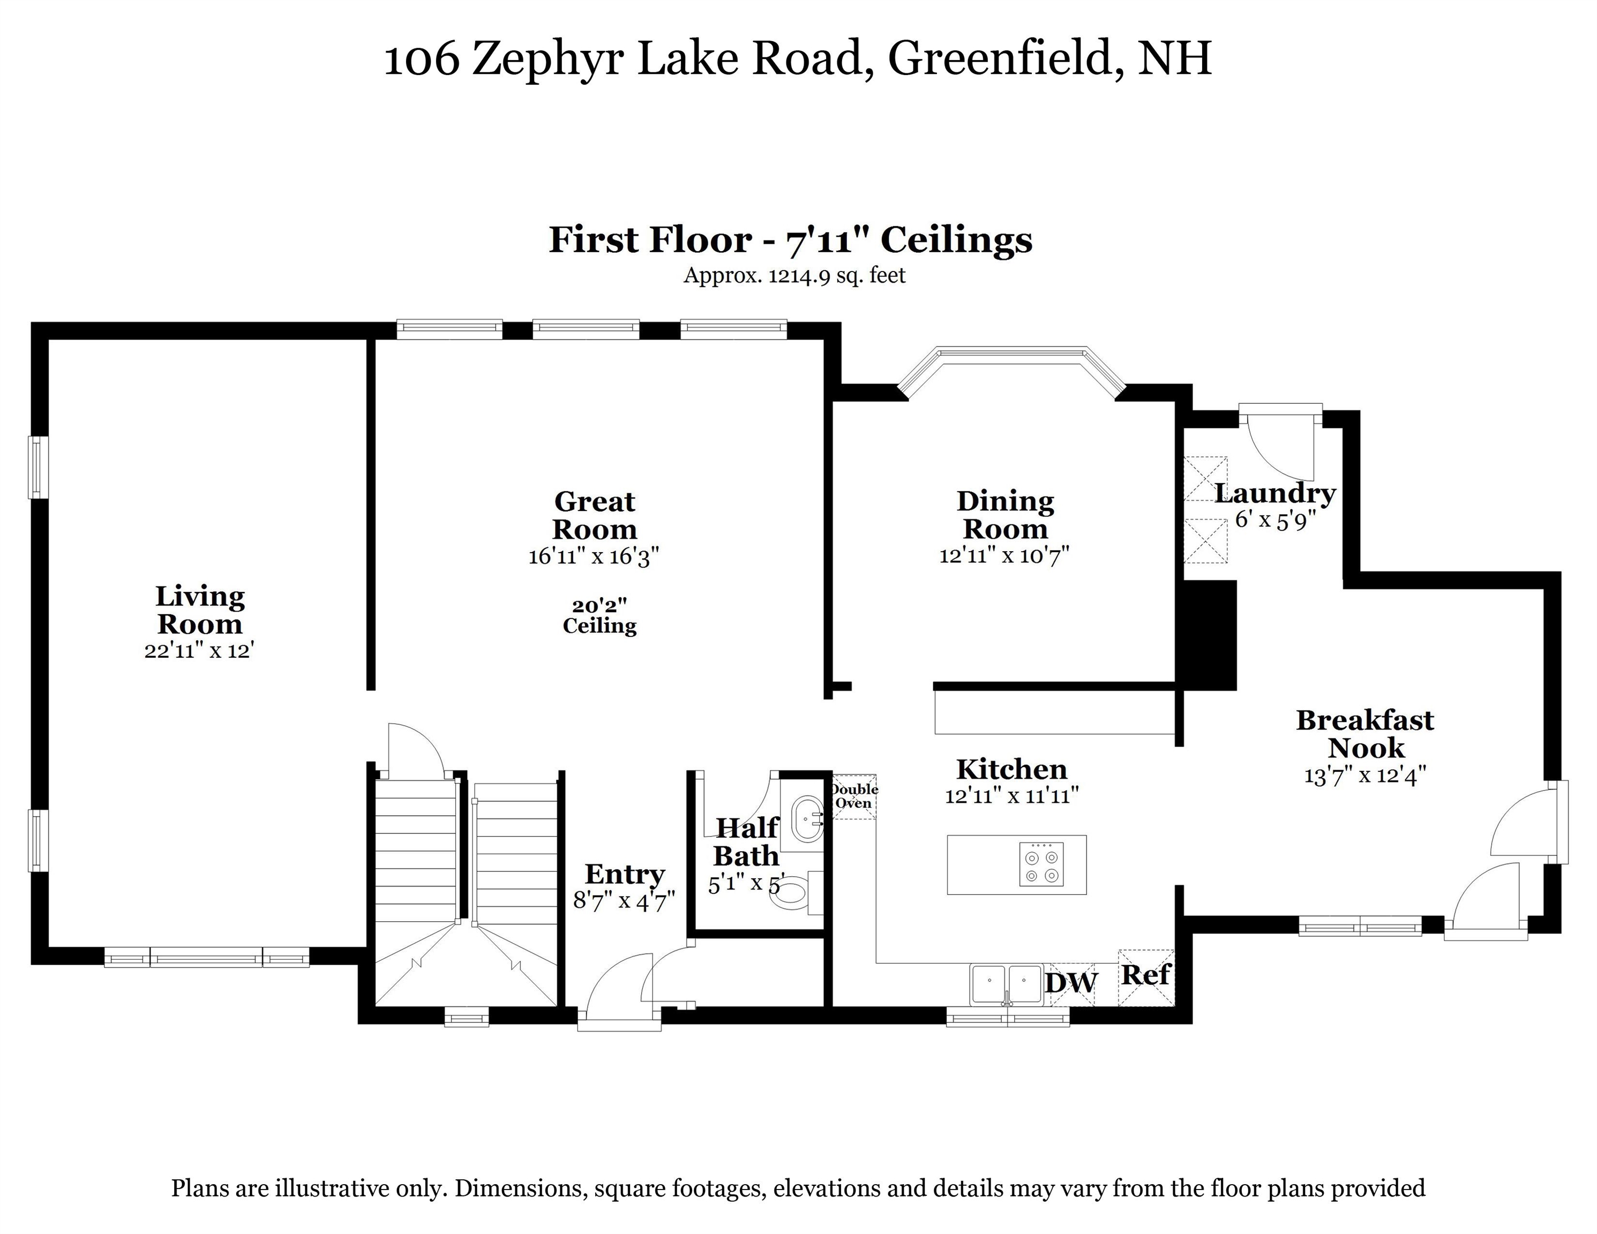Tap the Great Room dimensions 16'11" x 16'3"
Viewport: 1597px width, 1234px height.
click(x=595, y=556)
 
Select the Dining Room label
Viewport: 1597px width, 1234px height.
click(x=1006, y=515)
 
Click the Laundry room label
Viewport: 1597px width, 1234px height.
click(x=1275, y=493)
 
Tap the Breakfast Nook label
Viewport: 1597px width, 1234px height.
click(x=1365, y=734)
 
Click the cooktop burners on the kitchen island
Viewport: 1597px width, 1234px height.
click(x=1041, y=865)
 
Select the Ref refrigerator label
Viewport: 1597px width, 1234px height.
click(x=1146, y=974)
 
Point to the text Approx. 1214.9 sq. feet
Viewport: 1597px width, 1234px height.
click(x=794, y=276)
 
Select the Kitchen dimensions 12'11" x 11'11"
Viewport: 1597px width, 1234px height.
click(x=1011, y=795)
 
